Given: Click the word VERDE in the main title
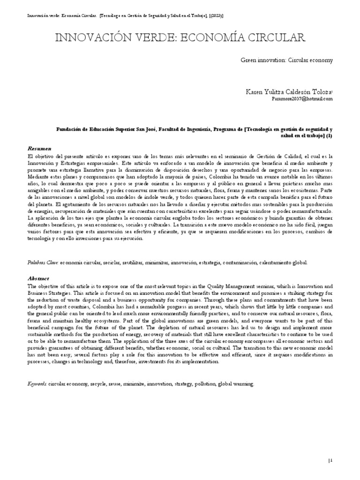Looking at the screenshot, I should [135, 37].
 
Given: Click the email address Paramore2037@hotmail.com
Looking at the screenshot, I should [302, 99].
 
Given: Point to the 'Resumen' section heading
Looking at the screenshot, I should [39, 148].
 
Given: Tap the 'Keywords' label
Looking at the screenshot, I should [37, 384].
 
